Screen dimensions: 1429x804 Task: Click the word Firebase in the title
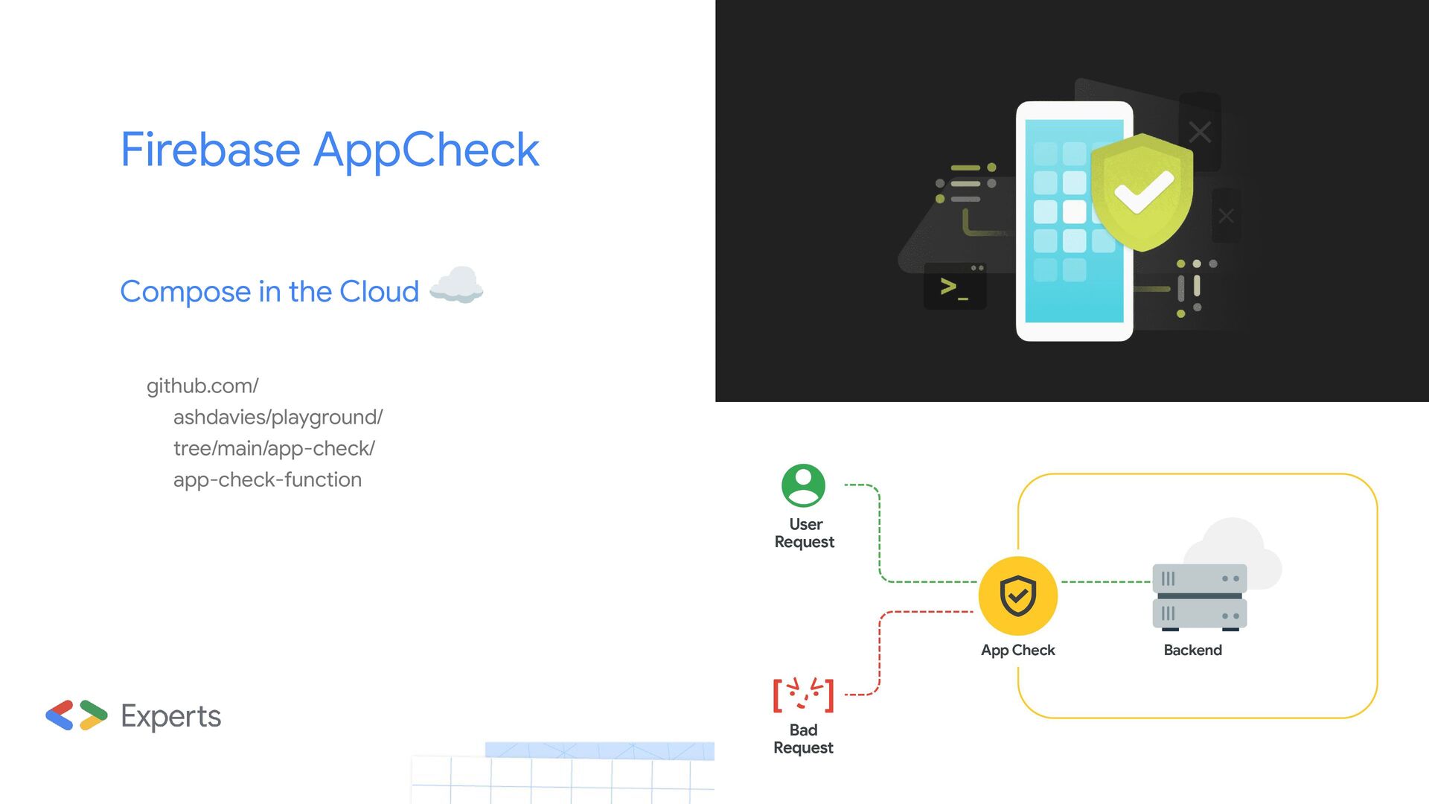[x=210, y=150]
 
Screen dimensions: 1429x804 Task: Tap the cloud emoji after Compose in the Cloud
[x=456, y=285]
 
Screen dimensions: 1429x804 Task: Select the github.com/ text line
[x=202, y=386]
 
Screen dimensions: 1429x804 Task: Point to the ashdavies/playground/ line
[x=278, y=417]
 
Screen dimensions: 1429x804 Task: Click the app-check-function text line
[x=267, y=479]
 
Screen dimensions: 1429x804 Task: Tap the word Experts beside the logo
[x=170, y=716]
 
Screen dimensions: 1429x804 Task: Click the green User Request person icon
[x=803, y=485]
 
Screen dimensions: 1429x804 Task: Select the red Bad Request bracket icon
[x=803, y=695]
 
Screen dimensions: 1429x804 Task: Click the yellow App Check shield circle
[x=1017, y=596]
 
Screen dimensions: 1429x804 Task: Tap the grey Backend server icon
[x=1199, y=597]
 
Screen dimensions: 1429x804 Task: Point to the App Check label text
[x=1017, y=650]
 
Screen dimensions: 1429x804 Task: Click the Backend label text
[x=1192, y=650]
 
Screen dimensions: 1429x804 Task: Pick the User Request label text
[x=805, y=533]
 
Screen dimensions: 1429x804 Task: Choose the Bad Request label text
[x=803, y=738]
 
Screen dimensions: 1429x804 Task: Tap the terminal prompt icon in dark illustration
[x=954, y=287]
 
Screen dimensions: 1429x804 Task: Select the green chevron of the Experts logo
[x=95, y=709]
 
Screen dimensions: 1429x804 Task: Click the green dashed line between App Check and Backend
[x=1105, y=581]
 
